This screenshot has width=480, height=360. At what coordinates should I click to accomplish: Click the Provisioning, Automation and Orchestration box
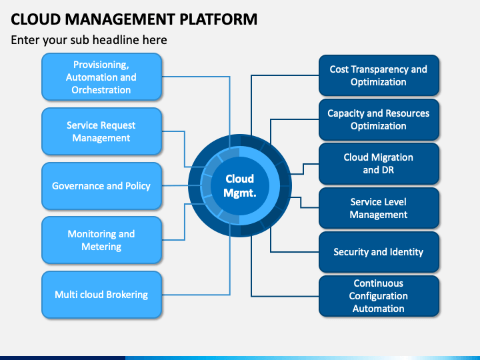pos(101,77)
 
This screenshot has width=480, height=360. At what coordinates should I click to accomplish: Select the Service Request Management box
pos(101,131)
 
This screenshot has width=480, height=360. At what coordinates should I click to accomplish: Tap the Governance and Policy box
pos(101,186)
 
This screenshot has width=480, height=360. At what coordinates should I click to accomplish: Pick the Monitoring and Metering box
pos(101,240)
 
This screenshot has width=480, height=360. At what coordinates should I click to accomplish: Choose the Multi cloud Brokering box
pos(101,295)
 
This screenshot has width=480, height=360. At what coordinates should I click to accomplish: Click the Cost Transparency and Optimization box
pos(379,75)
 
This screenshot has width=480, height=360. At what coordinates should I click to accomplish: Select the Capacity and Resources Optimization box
pos(379,119)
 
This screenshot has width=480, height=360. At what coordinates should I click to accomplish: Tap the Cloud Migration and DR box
pos(379,163)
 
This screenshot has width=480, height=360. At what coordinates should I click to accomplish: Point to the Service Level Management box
pos(379,208)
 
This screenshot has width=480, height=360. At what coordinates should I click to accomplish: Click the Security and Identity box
pos(379,252)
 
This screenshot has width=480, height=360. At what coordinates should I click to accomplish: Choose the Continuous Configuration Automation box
pos(379,296)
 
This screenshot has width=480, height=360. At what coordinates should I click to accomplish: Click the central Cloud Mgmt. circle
pos(240,186)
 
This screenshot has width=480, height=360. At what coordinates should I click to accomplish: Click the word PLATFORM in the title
pos(218,19)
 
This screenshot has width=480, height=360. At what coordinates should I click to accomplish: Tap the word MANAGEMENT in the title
pos(120,19)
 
